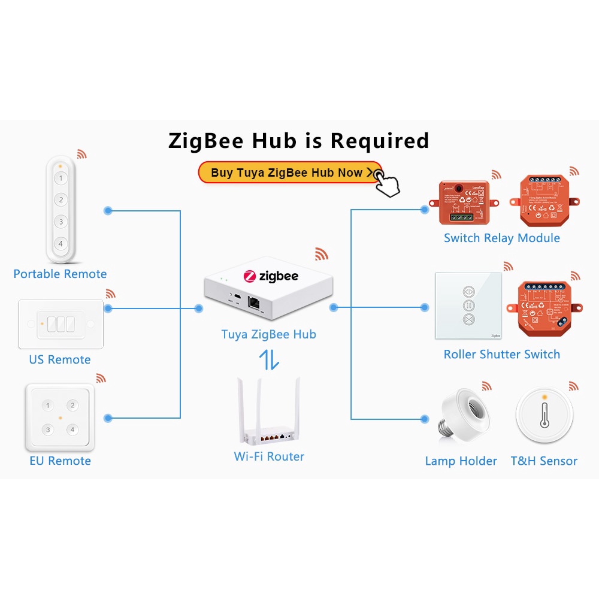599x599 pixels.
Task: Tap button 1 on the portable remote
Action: click(x=60, y=178)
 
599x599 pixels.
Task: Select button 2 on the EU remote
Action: click(x=72, y=406)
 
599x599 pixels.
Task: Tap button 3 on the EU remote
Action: click(x=49, y=429)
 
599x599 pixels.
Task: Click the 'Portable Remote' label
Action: click(x=60, y=274)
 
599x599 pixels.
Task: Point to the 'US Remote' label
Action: click(x=60, y=359)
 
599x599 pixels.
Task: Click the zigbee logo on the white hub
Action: click(x=271, y=276)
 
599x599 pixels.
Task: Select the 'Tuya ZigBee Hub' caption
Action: click(x=268, y=334)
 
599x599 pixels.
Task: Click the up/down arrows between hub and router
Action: click(x=269, y=360)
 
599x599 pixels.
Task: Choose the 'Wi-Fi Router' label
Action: click(x=269, y=456)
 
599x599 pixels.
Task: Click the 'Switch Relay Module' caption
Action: click(x=501, y=238)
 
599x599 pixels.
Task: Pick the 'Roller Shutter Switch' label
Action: click(x=501, y=354)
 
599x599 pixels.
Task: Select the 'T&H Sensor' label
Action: click(x=544, y=461)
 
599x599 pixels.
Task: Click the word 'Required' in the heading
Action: click(x=380, y=140)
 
